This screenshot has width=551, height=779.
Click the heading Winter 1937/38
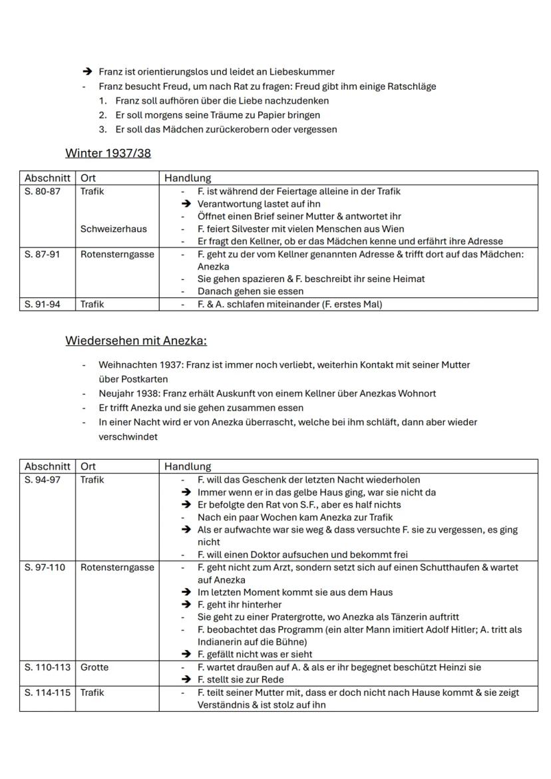pos(108,153)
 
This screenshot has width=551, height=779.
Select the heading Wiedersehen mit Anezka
pos(136,341)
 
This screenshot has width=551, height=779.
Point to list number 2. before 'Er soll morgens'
pos(102,115)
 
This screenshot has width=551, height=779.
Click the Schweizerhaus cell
pos(114,229)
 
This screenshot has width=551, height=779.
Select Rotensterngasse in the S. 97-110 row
pos(117,567)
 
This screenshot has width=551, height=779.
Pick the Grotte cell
pos(94,667)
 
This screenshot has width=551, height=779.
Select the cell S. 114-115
pos(46,693)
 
